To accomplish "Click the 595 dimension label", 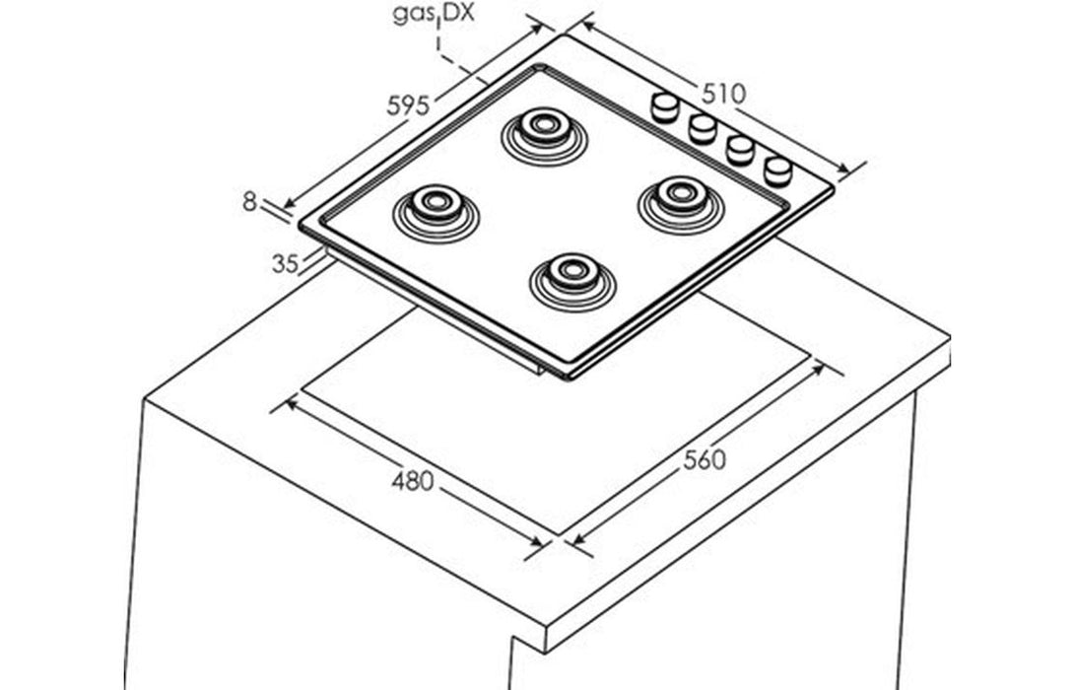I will click(x=407, y=104).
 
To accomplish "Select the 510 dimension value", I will click(x=723, y=93).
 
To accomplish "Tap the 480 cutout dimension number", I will click(x=412, y=481).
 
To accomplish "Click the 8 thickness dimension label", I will click(x=249, y=202).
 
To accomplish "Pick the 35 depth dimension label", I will click(x=285, y=263).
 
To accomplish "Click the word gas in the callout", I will click(x=415, y=16).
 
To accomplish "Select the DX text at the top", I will click(x=457, y=16).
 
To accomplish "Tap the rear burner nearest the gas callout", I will click(x=543, y=128).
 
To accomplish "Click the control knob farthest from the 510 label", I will click(x=778, y=170).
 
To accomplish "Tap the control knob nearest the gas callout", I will click(x=665, y=105).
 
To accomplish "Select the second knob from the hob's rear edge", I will click(x=703, y=127).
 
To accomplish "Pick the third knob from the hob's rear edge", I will click(x=740, y=149).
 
